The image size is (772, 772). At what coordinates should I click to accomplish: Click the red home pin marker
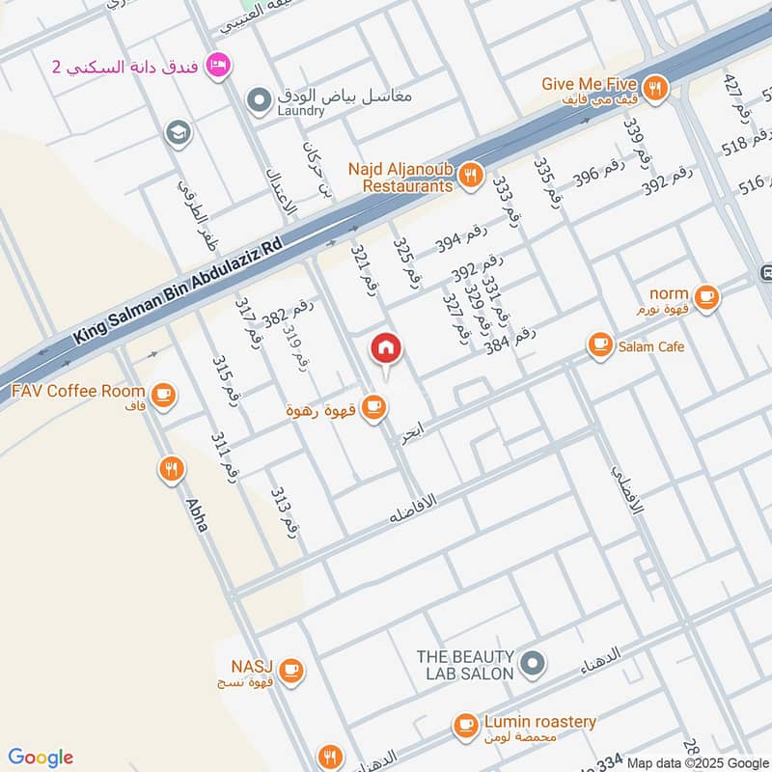(x=386, y=349)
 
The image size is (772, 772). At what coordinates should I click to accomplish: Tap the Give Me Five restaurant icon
(x=656, y=88)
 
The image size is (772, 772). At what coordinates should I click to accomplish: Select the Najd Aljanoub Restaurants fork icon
(x=470, y=174)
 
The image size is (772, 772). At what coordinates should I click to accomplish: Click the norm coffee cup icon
(x=706, y=298)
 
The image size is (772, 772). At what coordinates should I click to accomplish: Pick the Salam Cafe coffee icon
(x=600, y=345)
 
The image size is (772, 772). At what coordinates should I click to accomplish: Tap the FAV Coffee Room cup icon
(x=163, y=394)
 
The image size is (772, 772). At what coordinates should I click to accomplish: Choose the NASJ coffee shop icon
(x=290, y=669)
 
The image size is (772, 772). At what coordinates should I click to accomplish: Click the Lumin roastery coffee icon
(x=465, y=725)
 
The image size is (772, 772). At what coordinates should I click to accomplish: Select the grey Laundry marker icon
(x=258, y=98)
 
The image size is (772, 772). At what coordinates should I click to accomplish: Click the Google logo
(x=41, y=757)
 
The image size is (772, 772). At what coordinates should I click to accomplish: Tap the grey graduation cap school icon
(x=178, y=132)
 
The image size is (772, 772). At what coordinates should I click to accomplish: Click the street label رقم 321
(x=363, y=269)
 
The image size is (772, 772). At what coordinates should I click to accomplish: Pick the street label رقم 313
(x=286, y=511)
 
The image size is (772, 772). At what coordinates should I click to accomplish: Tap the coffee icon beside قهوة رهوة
(x=374, y=409)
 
